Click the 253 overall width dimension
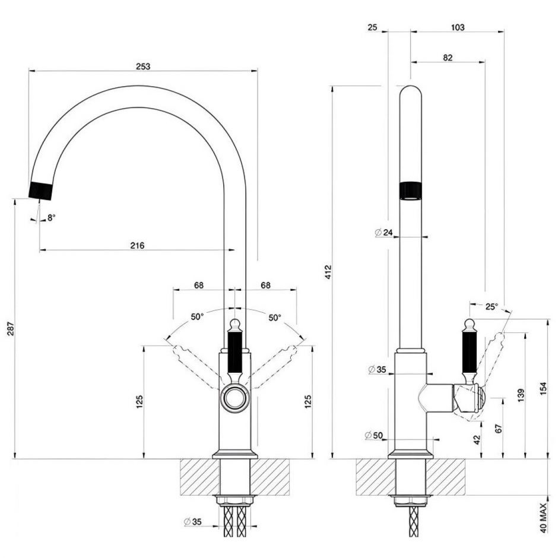(142, 66)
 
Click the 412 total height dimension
(328, 272)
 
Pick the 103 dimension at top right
(457, 27)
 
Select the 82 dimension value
(448, 58)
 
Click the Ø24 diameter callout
(384, 233)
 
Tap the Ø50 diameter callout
(375, 436)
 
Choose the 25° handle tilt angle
(491, 306)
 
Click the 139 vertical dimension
(521, 395)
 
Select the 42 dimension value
(477, 439)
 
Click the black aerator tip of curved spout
(41, 190)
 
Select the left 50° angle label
(197, 317)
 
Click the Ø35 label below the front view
(194, 522)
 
